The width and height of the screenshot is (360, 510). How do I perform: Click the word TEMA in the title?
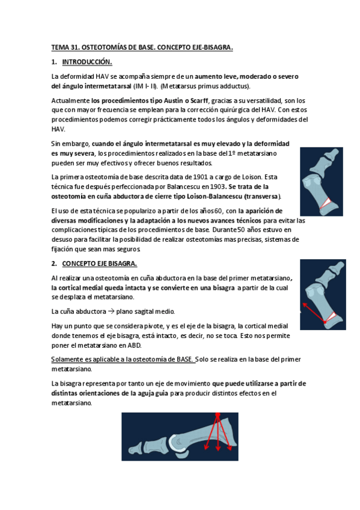(x=60, y=47)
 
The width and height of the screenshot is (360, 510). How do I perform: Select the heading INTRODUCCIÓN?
(x=87, y=62)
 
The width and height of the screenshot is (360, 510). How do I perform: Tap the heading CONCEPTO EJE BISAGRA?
(x=99, y=264)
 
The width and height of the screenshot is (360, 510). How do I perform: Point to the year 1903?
(x=218, y=187)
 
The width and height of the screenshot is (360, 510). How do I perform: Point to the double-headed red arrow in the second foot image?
(x=313, y=310)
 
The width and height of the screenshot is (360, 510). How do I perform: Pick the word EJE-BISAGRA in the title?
(x=210, y=47)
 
